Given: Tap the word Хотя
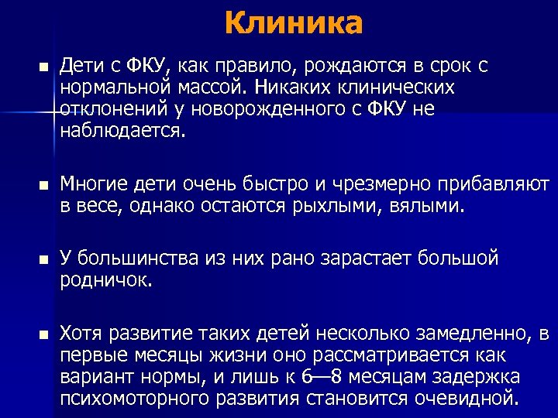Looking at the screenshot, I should pos(83,334).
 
